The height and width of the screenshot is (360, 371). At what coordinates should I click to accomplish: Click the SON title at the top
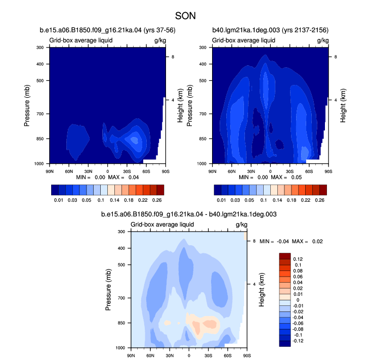185,16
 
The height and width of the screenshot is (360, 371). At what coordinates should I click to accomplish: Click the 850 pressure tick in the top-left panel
40,139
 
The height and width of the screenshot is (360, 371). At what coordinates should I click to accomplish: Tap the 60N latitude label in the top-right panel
232,171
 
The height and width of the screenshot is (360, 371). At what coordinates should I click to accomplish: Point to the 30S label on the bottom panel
208,355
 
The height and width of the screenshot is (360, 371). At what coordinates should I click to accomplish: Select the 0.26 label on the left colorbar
157,200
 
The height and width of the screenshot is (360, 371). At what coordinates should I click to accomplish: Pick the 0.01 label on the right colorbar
221,200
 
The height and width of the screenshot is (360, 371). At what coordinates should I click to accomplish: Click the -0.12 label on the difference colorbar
298,341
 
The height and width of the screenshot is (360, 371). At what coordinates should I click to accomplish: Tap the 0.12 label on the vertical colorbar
298,259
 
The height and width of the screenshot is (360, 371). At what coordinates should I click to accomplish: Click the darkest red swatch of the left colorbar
160,190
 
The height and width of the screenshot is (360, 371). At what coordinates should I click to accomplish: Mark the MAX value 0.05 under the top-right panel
297,177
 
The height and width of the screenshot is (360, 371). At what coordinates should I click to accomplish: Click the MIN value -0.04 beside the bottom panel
283,241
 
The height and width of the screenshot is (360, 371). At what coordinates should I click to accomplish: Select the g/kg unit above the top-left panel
160,40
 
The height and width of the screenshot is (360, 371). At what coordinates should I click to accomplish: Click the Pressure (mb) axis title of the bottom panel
108,290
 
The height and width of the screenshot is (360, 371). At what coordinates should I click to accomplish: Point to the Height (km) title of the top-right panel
343,106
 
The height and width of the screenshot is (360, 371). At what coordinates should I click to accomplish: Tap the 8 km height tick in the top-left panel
173,57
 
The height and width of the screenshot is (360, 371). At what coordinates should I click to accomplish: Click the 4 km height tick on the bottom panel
254,284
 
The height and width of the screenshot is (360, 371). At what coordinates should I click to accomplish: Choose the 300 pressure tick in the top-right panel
203,48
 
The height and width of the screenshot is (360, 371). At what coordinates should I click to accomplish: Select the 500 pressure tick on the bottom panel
121,265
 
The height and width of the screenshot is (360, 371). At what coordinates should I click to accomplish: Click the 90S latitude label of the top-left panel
166,171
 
